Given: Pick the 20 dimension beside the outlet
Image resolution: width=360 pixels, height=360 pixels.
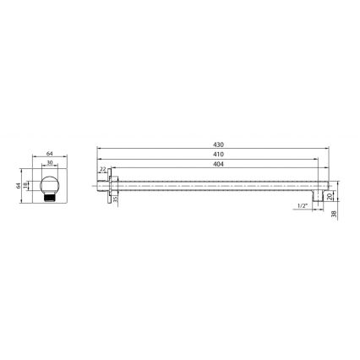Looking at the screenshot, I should pos(331,195).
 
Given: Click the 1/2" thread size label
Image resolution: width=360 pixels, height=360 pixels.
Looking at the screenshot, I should pos(303,205).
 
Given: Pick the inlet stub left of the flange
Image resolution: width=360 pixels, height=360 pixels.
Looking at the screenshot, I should pos(105,185).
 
